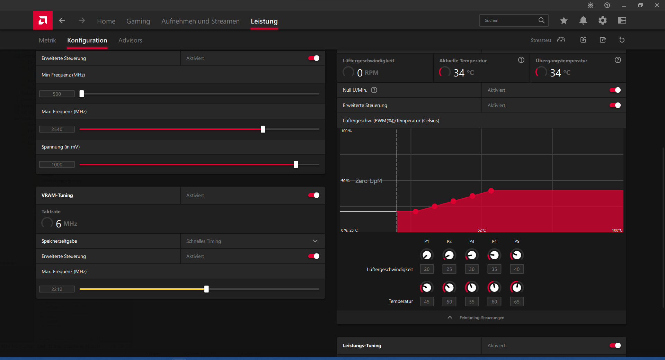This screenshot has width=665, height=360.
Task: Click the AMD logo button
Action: (x=43, y=20)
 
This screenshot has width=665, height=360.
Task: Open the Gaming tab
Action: (x=138, y=21)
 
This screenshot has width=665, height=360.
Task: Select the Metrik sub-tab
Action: (x=47, y=40)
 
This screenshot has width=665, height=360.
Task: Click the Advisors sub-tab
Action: (x=130, y=40)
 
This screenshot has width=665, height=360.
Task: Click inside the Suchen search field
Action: (x=509, y=20)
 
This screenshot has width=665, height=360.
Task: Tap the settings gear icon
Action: (x=603, y=20)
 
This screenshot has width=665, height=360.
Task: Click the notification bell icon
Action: (x=583, y=20)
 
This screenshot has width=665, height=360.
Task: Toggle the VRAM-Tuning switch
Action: (x=314, y=195)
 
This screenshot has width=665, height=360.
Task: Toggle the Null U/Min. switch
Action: (x=615, y=90)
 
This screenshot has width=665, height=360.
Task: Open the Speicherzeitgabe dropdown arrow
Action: (x=315, y=241)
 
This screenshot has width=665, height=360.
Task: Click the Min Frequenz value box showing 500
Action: (x=57, y=94)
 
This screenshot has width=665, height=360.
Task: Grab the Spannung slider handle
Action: (x=296, y=164)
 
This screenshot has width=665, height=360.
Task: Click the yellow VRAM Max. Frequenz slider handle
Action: (x=206, y=289)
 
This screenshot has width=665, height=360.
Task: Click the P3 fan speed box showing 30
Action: (x=472, y=269)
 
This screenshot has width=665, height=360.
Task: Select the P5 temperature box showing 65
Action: (x=517, y=301)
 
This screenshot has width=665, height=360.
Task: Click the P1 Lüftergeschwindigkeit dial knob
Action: (x=427, y=255)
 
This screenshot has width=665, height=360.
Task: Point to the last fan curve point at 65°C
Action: (x=491, y=190)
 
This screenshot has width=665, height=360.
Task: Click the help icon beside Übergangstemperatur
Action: (x=618, y=60)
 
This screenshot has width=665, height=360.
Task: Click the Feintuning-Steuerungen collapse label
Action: (x=482, y=318)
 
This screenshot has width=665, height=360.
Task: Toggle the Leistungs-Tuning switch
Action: (x=615, y=345)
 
